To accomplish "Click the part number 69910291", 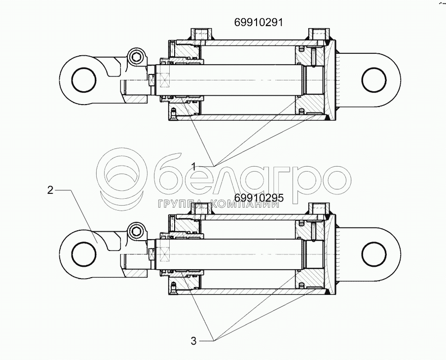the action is pyautogui.click(x=259, y=22).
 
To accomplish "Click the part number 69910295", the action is pyautogui.click(x=259, y=198).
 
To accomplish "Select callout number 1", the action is pyautogui.click(x=193, y=166).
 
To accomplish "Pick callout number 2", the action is pyautogui.click(x=50, y=190).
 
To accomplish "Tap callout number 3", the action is pyautogui.click(x=193, y=341).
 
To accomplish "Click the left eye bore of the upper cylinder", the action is pyautogui.click(x=84, y=80).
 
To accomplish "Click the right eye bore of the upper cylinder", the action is pyautogui.click(x=374, y=80).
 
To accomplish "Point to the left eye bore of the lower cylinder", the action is pyautogui.click(x=84, y=254).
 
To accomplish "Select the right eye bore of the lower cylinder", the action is pyautogui.click(x=374, y=254).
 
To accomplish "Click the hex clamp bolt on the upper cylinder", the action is pyautogui.click(x=137, y=58).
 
